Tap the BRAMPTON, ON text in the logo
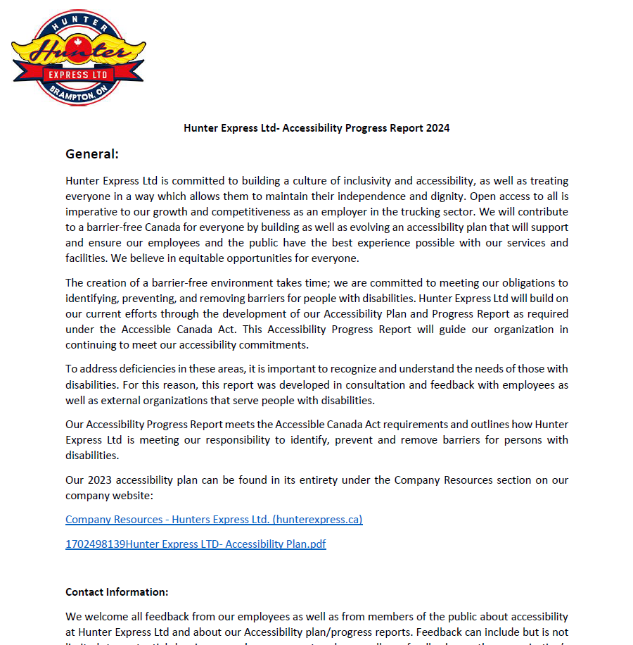(79, 93)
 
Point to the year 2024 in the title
(437, 128)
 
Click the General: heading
(92, 154)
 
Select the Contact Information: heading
(117, 592)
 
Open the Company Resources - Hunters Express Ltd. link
(214, 520)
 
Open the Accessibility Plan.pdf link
(196, 544)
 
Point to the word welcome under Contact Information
(103, 617)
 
